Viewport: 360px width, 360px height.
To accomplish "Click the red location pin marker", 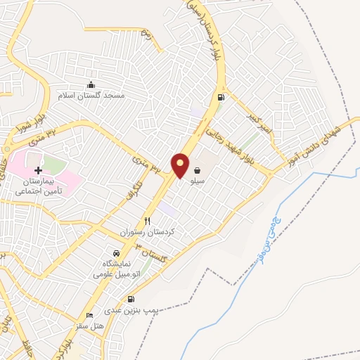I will pyautogui.click(x=181, y=165).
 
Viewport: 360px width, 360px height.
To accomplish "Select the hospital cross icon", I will pyautogui.click(x=38, y=170).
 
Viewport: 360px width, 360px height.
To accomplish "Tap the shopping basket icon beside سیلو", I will pyautogui.click(x=197, y=169).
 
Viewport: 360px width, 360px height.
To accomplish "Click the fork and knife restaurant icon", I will pyautogui.click(x=148, y=220).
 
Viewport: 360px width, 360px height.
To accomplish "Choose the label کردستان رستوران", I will pyautogui.click(x=148, y=231).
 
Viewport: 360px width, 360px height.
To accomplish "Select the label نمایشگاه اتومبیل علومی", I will pyautogui.click(x=117, y=268).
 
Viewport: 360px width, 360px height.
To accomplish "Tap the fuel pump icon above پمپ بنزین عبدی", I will pyautogui.click(x=131, y=299).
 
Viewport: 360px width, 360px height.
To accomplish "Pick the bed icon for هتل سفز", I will pyautogui.click(x=89, y=316).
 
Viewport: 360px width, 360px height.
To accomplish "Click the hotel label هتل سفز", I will pyautogui.click(x=89, y=326).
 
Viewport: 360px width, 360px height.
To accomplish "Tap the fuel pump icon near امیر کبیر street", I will pyautogui.click(x=221, y=97).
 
